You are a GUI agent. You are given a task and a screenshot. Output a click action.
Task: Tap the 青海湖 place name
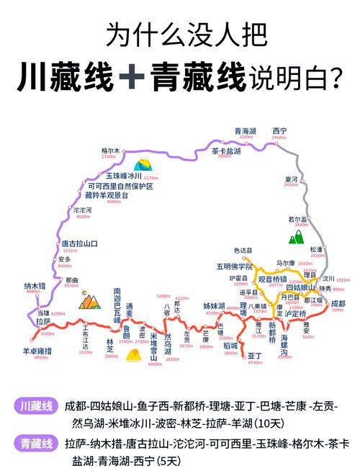(246, 130)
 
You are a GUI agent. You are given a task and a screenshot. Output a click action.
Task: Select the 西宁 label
(279, 130)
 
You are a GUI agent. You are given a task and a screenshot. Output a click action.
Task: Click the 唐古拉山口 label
(79, 244)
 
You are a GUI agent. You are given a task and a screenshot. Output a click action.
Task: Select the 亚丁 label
(254, 356)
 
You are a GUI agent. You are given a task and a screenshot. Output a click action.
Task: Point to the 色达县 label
(243, 251)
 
